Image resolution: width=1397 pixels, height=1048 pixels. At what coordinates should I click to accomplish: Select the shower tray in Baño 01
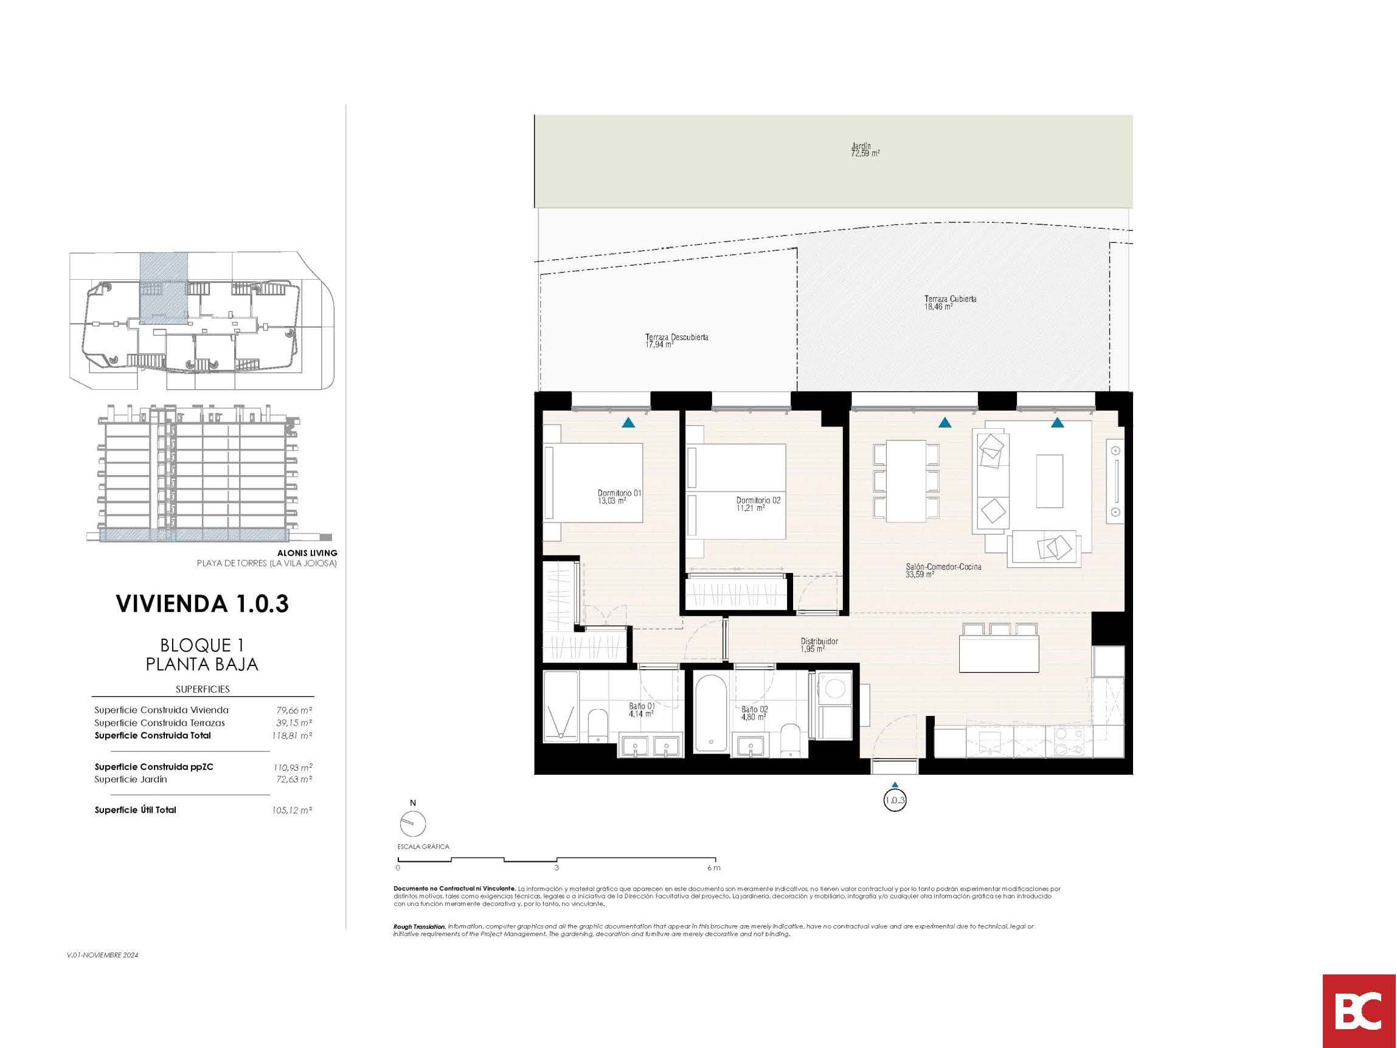tap(561, 706)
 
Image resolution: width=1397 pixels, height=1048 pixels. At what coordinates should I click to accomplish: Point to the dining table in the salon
tap(906, 481)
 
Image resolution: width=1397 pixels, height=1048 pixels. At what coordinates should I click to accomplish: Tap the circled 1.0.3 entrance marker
tap(895, 800)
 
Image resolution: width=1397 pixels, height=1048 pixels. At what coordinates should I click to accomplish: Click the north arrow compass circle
tap(413, 824)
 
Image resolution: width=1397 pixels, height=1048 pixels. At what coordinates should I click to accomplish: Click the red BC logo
tap(1359, 1011)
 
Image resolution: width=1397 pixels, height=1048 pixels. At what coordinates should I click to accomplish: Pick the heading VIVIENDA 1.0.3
tap(202, 604)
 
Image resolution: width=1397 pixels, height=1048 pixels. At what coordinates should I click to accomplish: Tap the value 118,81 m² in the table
tap(293, 735)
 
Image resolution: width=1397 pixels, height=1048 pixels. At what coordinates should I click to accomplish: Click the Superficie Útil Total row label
tap(135, 810)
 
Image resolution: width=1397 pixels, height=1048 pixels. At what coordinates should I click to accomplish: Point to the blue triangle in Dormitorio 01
tap(628, 423)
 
